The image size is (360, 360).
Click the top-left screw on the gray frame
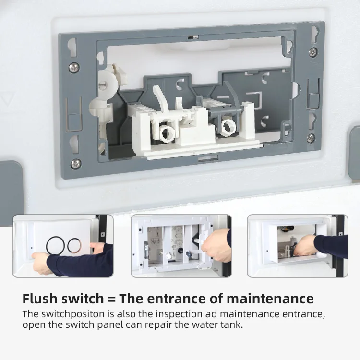(x=73, y=67)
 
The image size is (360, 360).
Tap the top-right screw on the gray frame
(x=312, y=51)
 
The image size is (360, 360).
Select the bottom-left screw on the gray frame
(x=75, y=164)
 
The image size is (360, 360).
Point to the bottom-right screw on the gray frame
(x=311, y=138)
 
